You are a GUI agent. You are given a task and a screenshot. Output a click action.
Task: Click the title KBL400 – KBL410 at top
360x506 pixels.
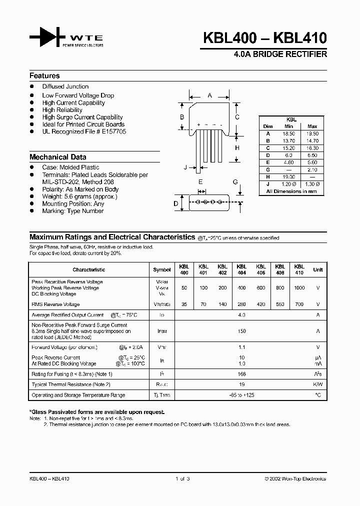pyautogui.click(x=265, y=38)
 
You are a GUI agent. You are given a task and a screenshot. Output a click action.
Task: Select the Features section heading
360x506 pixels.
pyautogui.click(x=44, y=76)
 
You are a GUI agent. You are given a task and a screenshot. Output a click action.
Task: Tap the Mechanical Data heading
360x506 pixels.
pyautogui.click(x=57, y=157)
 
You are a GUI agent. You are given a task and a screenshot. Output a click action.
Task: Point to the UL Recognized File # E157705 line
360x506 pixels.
pyautogui.click(x=84, y=131)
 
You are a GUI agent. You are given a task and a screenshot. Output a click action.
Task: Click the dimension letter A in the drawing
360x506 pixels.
pyautogui.click(x=210, y=95)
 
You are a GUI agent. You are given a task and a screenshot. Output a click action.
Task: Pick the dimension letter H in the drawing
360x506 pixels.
pyautogui.click(x=237, y=148)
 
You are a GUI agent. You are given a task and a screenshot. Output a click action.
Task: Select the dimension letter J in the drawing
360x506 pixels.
pyautogui.click(x=185, y=167)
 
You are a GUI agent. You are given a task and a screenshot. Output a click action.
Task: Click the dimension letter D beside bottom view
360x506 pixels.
pyautogui.click(x=175, y=203)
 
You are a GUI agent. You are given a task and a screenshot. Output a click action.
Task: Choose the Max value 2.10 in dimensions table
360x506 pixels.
pyautogui.click(x=312, y=169)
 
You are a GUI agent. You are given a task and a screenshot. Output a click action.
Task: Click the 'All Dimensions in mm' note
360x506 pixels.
pyautogui.click(x=291, y=191)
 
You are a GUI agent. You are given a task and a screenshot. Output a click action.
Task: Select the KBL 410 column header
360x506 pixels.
pyautogui.click(x=299, y=269)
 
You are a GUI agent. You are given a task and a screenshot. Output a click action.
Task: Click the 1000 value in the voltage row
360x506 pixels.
pyautogui.click(x=299, y=288)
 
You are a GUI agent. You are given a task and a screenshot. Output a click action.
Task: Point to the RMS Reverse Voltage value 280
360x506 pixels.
pyautogui.click(x=241, y=304)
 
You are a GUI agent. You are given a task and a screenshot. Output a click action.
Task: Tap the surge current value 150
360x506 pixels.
pyautogui.click(x=242, y=331)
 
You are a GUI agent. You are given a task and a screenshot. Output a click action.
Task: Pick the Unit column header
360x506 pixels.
pyautogui.click(x=318, y=269)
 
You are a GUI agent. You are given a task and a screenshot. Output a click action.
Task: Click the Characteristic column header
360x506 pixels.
pyautogui.click(x=88, y=269)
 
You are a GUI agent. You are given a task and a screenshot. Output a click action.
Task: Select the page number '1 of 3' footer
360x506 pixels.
pyautogui.click(x=182, y=478)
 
